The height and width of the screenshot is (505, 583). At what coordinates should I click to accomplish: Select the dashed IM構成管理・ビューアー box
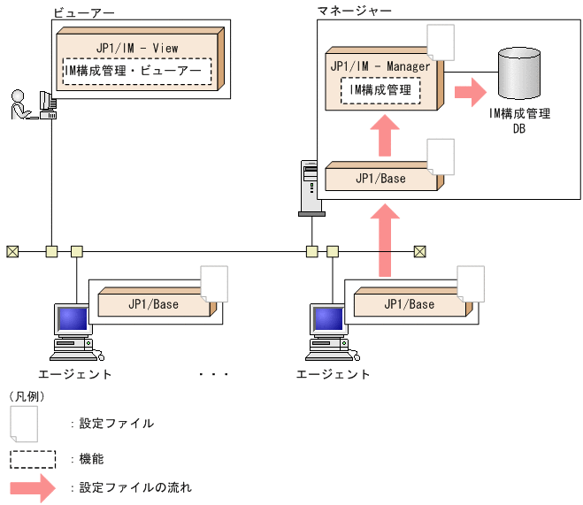coord(137,71)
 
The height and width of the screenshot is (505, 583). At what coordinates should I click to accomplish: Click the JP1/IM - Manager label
coord(380,66)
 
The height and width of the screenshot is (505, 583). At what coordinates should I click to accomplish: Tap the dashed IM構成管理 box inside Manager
coord(380,89)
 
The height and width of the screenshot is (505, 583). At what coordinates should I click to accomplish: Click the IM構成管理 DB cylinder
coord(519,73)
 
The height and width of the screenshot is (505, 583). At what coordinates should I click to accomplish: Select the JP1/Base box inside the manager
coord(380,178)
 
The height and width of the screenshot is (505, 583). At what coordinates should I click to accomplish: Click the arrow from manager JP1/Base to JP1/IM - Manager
coord(384,135)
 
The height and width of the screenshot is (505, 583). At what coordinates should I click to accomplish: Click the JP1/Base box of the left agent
coord(153,304)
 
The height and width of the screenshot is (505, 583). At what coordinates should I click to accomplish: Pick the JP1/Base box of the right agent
coord(409,304)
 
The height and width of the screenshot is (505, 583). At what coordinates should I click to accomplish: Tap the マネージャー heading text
coord(354,10)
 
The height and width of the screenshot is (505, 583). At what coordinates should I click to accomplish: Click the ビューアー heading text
coord(83,12)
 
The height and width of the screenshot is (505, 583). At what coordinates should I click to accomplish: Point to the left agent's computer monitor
coord(72,319)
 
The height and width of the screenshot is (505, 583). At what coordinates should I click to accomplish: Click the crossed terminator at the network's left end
coord(12,251)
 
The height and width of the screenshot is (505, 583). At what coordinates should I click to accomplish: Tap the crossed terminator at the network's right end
coord(420,251)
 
